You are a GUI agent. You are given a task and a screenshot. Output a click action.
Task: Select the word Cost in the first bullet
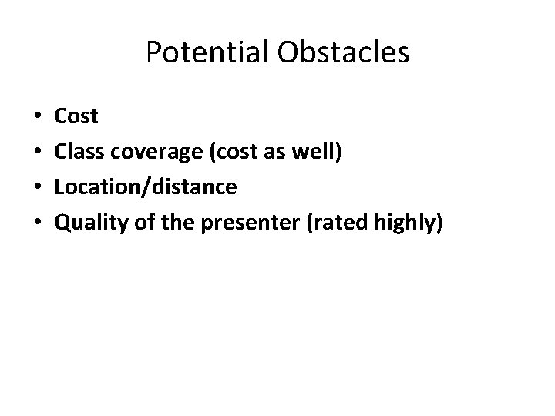(x=77, y=116)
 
